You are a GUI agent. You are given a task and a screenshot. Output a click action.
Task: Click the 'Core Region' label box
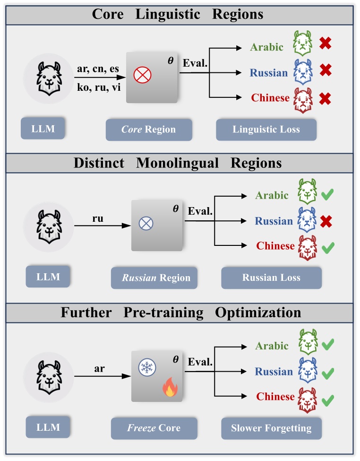[x=149, y=130]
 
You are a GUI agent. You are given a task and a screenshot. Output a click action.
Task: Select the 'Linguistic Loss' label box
[x=266, y=130]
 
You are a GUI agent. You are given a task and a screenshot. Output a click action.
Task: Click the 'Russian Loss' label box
[x=271, y=278]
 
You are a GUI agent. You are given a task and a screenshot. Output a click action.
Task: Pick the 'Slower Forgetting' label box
[x=271, y=428]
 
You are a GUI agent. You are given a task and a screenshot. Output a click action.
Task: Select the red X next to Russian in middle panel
[x=325, y=221]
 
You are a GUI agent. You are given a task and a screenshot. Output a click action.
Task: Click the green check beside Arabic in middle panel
[x=327, y=195]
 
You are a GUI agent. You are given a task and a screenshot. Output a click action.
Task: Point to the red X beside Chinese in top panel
[x=325, y=98]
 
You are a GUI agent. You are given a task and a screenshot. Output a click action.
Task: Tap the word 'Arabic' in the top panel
[x=266, y=47]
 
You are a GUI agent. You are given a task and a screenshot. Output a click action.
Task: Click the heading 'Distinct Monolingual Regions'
[x=178, y=163]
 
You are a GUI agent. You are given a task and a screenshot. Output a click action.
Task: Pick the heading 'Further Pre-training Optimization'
[x=180, y=313]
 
